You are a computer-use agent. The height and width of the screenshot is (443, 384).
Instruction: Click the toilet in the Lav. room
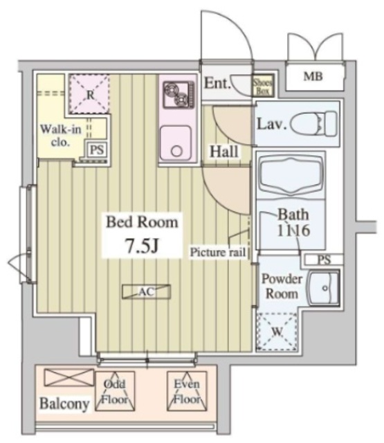313,124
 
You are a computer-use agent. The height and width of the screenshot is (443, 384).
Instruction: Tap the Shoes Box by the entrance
263,86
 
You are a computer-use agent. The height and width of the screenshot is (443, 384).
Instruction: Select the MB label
313,76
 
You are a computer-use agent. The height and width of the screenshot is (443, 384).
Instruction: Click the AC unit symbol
146,291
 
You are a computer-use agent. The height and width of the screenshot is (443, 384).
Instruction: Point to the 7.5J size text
142,246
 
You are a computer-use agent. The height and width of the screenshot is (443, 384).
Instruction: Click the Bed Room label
142,222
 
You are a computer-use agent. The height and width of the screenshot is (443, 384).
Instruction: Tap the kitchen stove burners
179,94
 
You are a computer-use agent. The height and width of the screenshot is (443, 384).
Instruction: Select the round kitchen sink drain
176,151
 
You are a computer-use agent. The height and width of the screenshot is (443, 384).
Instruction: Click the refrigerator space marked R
89,94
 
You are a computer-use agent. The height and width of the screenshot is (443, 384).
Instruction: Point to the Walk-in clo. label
61,136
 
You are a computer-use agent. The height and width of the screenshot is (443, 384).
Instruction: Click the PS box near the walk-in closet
97,150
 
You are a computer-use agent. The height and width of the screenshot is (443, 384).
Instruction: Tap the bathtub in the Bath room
291,175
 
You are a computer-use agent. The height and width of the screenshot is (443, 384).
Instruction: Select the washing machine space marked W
277,332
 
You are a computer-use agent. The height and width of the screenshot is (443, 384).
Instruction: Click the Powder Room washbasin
324,289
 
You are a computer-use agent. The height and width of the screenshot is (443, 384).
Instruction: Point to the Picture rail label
217,252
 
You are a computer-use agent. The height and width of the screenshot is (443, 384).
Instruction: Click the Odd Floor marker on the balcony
115,392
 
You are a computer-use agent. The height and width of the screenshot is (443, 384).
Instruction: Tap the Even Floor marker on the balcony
187,392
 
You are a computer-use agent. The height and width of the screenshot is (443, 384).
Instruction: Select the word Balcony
64,404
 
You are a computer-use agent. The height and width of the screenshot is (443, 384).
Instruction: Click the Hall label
223,152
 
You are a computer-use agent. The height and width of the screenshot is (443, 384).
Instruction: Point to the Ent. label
216,83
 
